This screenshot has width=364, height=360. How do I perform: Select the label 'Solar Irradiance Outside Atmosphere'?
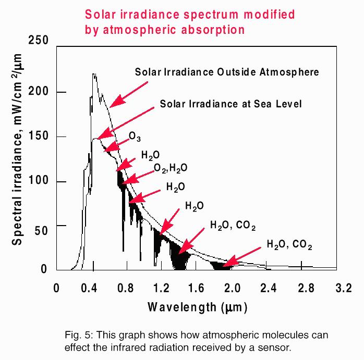point(227,72)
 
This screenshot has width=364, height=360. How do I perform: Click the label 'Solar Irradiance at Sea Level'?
point(231,104)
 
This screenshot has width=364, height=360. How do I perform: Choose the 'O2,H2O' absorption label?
point(170,168)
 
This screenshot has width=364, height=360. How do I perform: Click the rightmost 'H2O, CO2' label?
point(289,244)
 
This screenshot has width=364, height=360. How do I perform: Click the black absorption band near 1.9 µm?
point(222,265)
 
